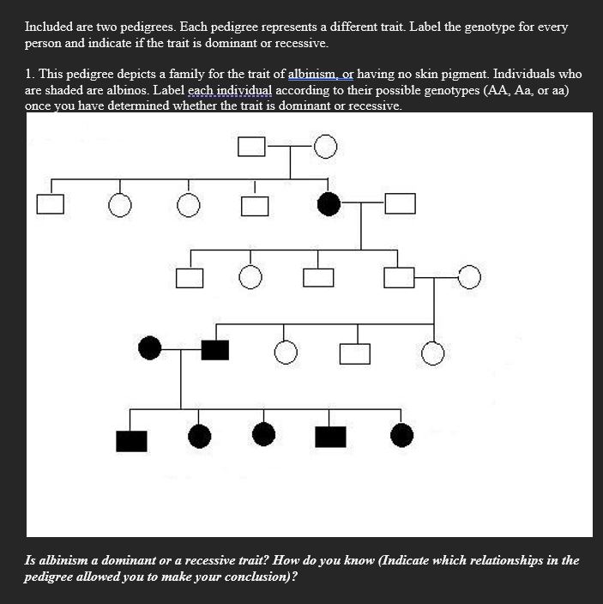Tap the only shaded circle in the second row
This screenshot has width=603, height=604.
click(327, 203)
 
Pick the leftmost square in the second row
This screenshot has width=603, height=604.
click(50, 204)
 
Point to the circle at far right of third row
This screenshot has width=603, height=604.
click(469, 276)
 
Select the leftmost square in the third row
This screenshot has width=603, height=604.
click(190, 278)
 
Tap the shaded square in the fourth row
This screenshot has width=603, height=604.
click(214, 349)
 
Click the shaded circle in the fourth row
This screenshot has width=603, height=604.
click(149, 348)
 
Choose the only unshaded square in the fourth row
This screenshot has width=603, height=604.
click(354, 353)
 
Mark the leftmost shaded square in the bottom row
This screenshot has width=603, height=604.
click(131, 439)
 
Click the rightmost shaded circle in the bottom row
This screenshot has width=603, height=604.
click(401, 436)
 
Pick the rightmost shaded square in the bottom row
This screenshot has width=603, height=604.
click(330, 437)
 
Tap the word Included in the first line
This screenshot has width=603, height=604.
click(49, 27)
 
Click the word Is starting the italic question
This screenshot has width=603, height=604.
click(31, 560)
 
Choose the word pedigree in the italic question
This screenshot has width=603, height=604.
click(52, 577)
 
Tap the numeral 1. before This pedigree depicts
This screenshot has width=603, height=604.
click(29, 74)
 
